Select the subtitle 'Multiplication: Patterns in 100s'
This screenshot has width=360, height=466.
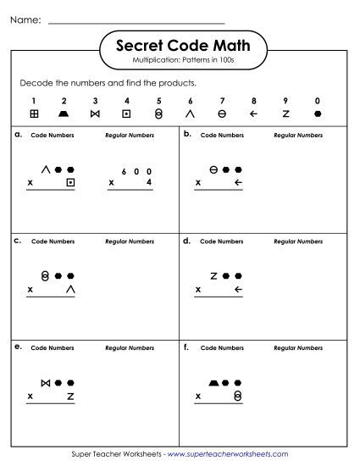click(180, 63)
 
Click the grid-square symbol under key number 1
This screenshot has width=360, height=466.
click(34, 114)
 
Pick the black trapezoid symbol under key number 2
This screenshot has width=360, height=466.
click(64, 114)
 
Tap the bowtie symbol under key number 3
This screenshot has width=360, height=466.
click(96, 114)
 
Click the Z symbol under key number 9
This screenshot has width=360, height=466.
click(285, 114)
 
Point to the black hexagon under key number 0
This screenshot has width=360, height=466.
click(317, 114)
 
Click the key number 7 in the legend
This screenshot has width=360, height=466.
click(222, 100)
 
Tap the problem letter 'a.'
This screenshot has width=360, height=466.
click(18, 134)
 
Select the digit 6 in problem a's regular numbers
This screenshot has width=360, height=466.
click(124, 169)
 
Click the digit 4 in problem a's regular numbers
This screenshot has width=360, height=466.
click(148, 182)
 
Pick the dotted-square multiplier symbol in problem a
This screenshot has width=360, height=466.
click(71, 182)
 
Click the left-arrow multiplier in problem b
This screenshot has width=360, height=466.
click(238, 182)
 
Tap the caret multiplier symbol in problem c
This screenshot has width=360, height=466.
click(71, 289)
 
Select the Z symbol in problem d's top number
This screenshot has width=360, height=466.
click(214, 275)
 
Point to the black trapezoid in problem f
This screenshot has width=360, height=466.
click(213, 382)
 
